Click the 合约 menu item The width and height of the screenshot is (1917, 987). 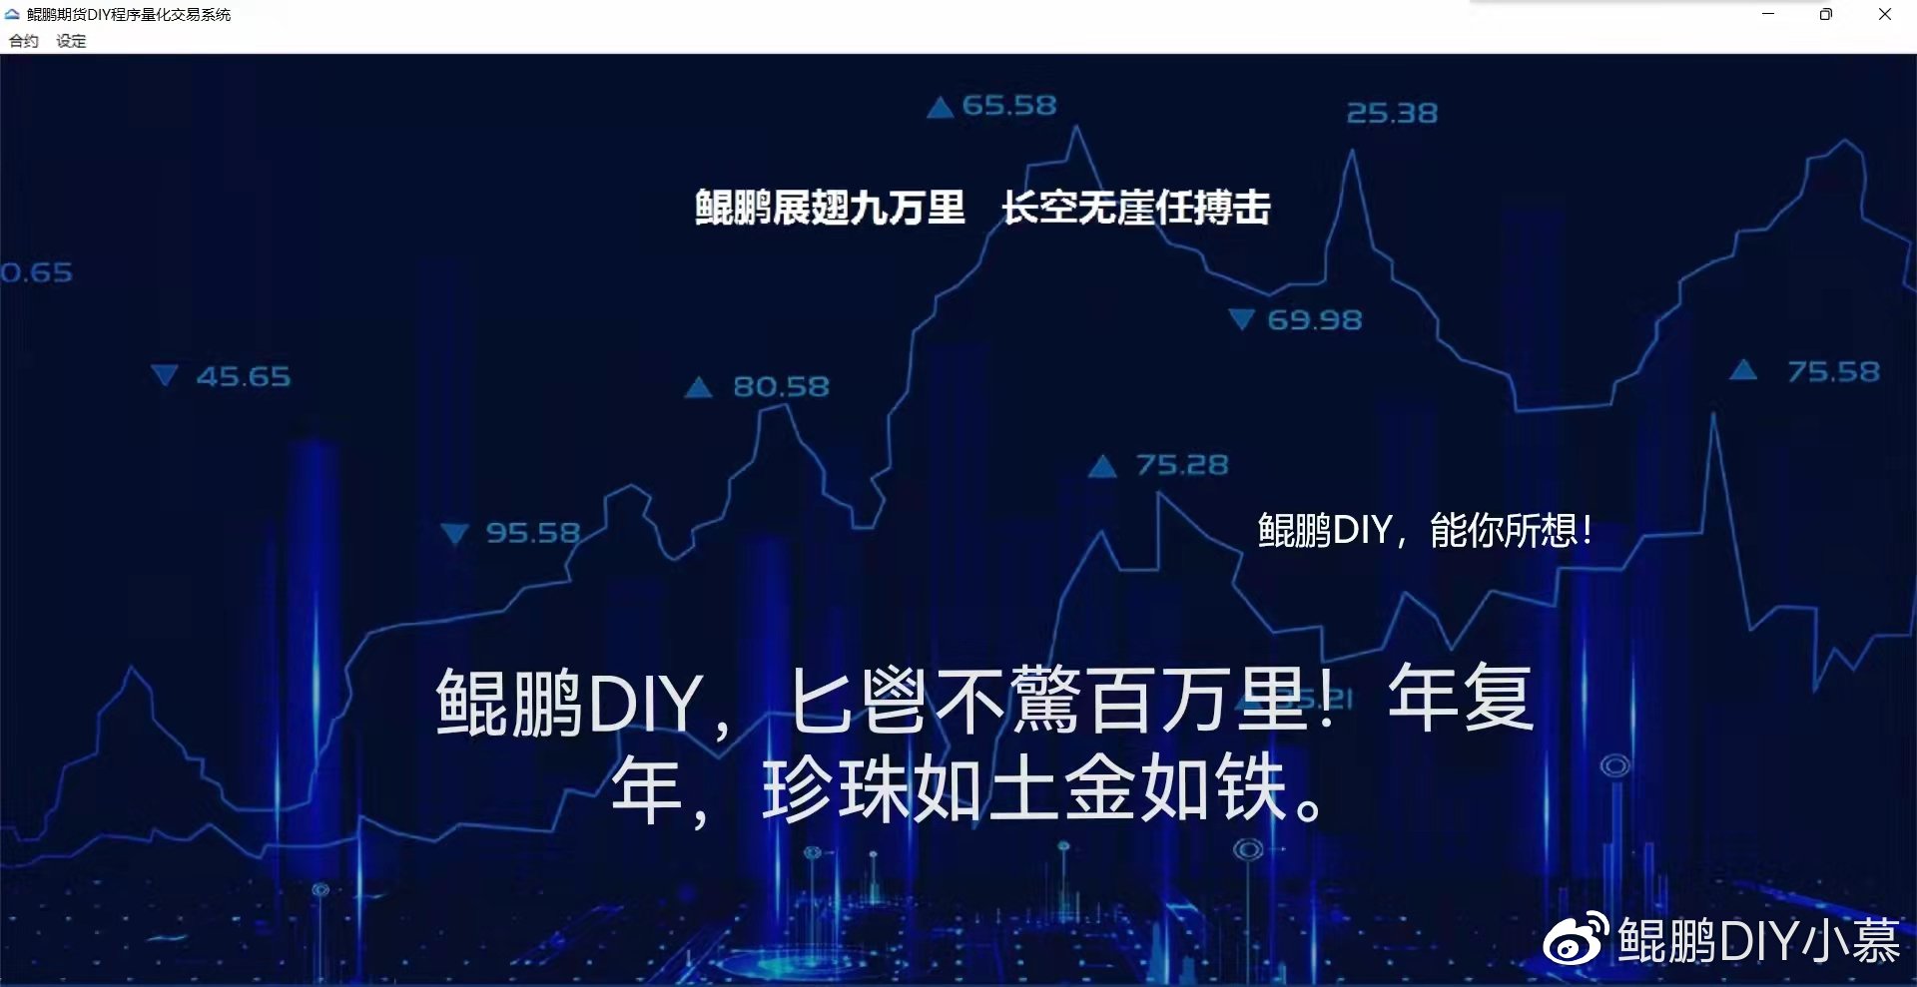[23, 41]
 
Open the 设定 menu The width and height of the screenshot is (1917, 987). [71, 41]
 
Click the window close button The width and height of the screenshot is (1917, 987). [1885, 14]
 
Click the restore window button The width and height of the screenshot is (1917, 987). [1826, 14]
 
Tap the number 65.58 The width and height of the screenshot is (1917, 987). [1008, 106]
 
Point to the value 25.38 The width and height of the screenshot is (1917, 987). [1392, 114]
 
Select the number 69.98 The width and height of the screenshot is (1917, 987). [1314, 320]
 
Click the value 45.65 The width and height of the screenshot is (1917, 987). [243, 377]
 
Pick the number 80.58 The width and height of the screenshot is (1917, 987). [781, 387]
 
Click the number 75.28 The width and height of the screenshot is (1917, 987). [1182, 465]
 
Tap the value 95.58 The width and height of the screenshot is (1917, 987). [532, 533]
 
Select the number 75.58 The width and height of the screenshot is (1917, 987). [1833, 372]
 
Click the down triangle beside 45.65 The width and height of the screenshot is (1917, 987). [164, 375]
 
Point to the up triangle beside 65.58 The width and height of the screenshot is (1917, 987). [940, 108]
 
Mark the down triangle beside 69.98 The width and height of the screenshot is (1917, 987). [1241, 319]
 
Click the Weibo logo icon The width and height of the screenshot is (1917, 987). [1575, 939]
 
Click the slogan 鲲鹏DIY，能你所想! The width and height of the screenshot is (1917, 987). [1424, 530]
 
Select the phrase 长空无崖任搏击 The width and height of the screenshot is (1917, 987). [1135, 208]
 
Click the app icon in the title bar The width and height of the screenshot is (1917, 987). [12, 14]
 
